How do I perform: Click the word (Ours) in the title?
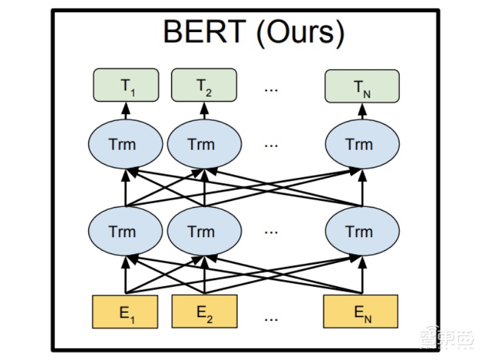[299, 34]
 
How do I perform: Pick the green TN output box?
[362, 86]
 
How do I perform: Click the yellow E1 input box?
[125, 312]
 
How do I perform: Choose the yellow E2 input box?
[205, 312]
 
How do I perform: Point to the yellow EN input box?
[361, 312]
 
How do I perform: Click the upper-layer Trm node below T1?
[125, 145]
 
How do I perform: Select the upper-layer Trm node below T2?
[204, 145]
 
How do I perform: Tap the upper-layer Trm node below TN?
[362, 145]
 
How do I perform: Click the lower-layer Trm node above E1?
[125, 231]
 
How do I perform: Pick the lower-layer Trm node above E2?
[204, 231]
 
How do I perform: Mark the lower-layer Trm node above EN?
[362, 231]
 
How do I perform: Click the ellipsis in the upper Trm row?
[270, 145]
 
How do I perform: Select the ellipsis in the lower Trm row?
[270, 232]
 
